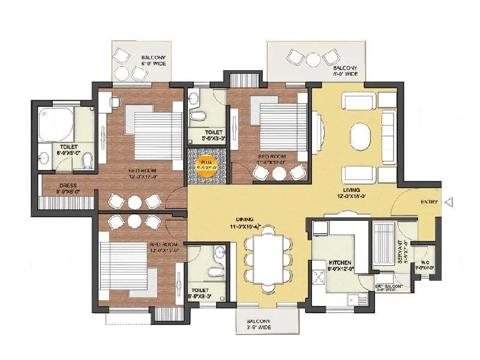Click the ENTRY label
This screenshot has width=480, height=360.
click(x=429, y=202)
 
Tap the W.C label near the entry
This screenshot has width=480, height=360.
click(x=425, y=265)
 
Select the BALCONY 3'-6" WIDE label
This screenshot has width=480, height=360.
click(x=267, y=325)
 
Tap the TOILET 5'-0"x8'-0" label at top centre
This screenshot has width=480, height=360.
click(x=205, y=134)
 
